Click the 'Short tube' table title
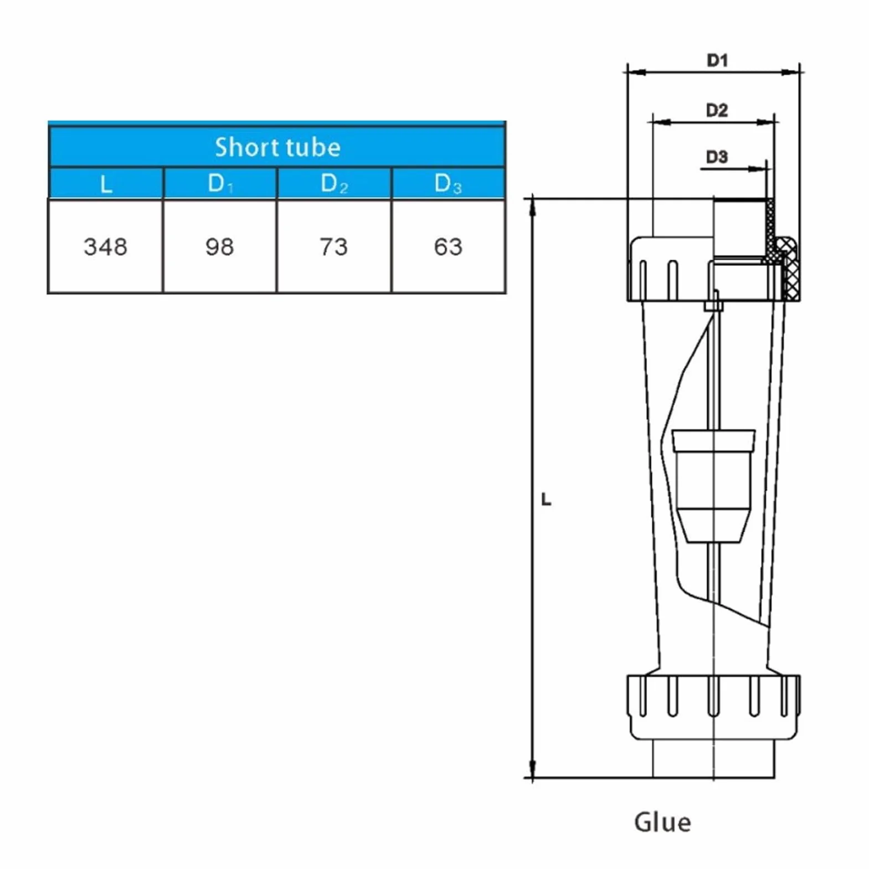277,147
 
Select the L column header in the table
106,184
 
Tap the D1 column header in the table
220,183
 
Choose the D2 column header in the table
334,183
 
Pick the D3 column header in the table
448,183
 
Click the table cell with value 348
105,246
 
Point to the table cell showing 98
220,246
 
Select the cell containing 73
334,246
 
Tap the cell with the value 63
448,246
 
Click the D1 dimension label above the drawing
717,60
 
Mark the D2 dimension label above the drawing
717,110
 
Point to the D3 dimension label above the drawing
717,157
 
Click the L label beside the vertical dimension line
546,500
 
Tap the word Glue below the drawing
662,822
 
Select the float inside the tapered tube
713,486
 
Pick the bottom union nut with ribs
713,707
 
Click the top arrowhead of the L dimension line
532,205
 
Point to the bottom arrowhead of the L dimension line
532,770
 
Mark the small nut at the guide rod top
713,305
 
